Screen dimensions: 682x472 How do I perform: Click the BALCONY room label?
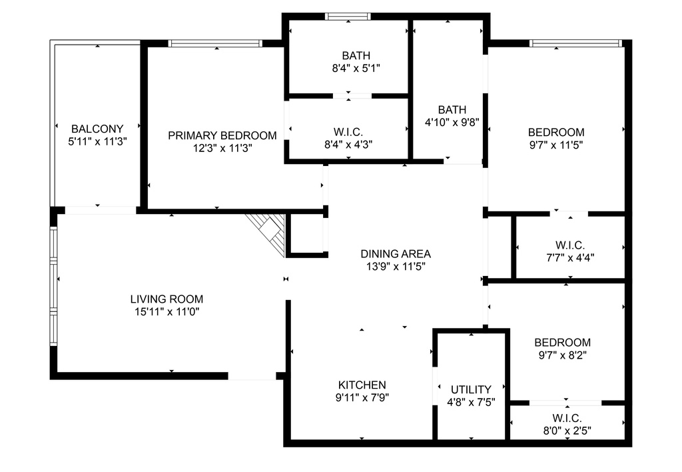click(x=97, y=129)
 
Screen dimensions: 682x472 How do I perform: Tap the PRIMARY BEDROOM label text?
click(x=222, y=136)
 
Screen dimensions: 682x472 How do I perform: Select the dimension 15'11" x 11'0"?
click(x=167, y=312)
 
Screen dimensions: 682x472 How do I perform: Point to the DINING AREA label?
click(x=396, y=254)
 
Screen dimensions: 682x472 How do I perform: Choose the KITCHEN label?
click(x=362, y=385)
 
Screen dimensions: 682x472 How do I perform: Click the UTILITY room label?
click(x=471, y=389)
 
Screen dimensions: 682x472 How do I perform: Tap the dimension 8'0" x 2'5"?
click(x=567, y=431)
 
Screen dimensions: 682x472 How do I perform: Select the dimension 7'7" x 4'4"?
click(x=570, y=258)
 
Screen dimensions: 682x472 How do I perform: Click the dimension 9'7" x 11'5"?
click(x=556, y=145)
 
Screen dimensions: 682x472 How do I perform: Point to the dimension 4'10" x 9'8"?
click(x=452, y=123)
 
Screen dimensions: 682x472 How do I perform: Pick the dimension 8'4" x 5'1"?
click(x=356, y=69)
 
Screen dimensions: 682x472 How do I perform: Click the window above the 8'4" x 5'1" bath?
click(x=348, y=17)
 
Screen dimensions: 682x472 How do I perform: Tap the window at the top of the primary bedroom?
click(x=215, y=43)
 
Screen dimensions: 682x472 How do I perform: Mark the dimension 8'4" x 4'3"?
click(x=348, y=145)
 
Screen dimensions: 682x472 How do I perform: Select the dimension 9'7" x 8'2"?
click(x=563, y=355)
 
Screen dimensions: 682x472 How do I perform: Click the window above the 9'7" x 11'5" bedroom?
click(x=576, y=43)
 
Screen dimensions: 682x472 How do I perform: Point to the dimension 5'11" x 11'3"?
click(x=97, y=141)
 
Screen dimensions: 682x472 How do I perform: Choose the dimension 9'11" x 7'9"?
click(x=362, y=397)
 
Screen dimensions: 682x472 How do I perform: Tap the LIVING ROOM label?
click(x=167, y=299)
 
